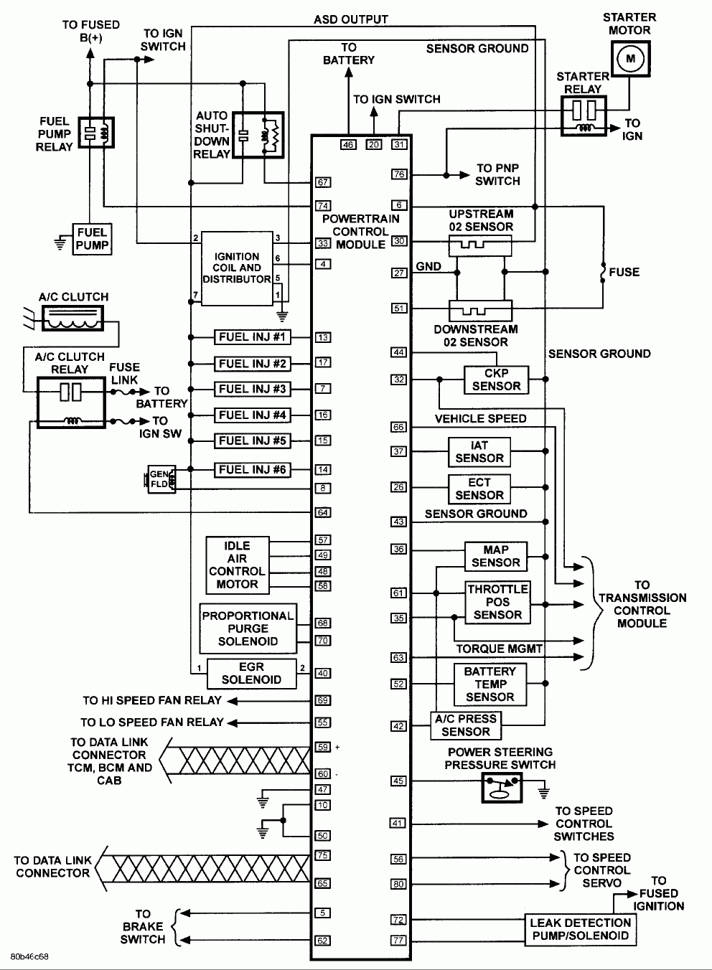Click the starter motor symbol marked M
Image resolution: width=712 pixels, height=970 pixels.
coord(631,58)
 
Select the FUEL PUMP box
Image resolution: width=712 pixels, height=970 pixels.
coord(92,239)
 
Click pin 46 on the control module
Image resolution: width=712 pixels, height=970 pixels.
coord(348,144)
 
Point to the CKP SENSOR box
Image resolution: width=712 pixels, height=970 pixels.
coord(496,380)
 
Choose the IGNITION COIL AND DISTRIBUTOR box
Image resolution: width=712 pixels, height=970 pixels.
coord(237,268)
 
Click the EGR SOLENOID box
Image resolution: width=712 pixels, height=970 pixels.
coord(251,673)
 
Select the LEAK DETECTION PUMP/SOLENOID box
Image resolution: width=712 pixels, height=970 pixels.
coord(580,929)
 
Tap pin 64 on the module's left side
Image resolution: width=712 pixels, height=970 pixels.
coord(323,512)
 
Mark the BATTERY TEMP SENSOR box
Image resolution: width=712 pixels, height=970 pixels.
coord(489,684)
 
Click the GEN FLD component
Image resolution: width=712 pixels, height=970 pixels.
coord(158,479)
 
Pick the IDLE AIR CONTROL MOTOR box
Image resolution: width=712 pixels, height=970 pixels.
coord(237,565)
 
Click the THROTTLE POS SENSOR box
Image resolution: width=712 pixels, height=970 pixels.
coord(497,602)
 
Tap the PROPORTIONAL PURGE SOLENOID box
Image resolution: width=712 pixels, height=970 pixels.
coord(248,628)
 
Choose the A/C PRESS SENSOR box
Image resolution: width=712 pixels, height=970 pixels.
coord(465,725)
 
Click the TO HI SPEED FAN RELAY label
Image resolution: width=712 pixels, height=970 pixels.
coord(151,700)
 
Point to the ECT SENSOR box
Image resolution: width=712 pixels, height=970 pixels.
coord(479,489)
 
